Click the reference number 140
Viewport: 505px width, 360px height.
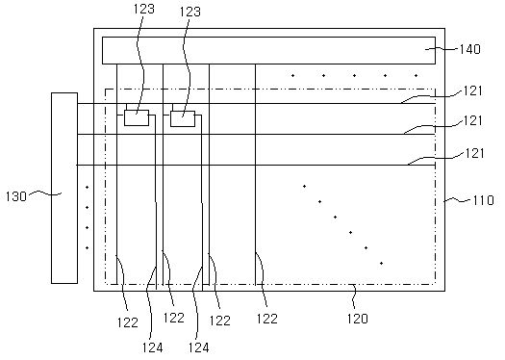pos(469,49)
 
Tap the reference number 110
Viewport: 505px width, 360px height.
pos(483,200)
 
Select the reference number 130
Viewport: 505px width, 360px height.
pos(16,196)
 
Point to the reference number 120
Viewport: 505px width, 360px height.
pos(357,319)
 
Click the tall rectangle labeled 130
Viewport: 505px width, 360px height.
pos(64,189)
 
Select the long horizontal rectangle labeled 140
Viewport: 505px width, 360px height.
pos(269,50)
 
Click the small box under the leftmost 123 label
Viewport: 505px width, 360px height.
pos(137,117)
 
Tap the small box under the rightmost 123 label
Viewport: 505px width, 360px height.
pos(183,119)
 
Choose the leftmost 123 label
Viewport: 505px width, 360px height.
pos(144,9)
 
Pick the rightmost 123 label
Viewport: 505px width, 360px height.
pos(190,12)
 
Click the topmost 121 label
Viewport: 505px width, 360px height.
pos(473,90)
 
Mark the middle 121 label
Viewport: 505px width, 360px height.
pos(473,120)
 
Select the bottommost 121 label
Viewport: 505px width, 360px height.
pos(474,153)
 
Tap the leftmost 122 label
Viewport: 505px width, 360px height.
pos(128,322)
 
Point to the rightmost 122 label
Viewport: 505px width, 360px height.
pos(267,319)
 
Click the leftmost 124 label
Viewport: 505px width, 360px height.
pos(153,347)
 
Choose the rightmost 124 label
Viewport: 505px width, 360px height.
pos(199,347)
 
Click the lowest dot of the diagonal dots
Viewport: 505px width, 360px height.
pos(381,264)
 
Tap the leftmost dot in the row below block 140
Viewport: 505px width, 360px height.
pos(292,76)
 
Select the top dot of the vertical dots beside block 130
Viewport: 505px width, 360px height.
pos(87,187)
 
